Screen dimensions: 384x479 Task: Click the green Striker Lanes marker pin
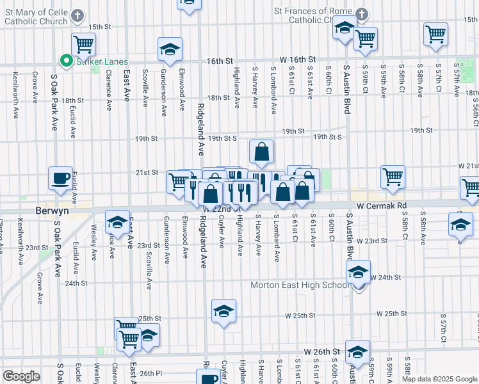click(x=65, y=61)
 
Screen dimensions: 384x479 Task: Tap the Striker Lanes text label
click(x=93, y=61)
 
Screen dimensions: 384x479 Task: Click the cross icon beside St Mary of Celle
click(x=77, y=15)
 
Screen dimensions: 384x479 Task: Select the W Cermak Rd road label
click(x=382, y=205)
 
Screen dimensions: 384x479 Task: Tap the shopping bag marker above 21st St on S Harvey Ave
click(x=261, y=152)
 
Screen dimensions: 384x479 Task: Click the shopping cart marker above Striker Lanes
click(x=83, y=44)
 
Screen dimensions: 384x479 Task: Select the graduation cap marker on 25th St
click(x=223, y=311)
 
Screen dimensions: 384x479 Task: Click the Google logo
click(x=21, y=376)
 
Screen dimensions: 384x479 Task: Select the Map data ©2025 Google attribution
click(x=439, y=379)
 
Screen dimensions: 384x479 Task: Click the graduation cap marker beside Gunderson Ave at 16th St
click(x=170, y=49)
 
